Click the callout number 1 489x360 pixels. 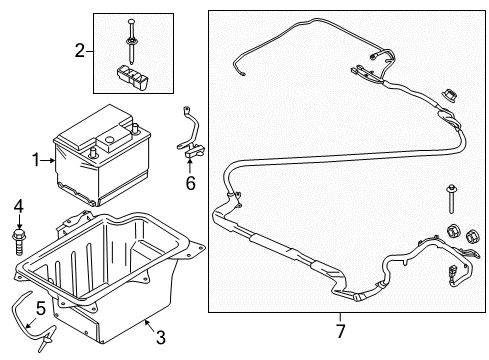(x=36, y=158)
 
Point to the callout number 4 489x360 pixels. (x=18, y=207)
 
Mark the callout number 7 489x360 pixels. (x=339, y=329)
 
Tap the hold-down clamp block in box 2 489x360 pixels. (x=133, y=75)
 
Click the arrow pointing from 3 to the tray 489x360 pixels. (x=147, y=324)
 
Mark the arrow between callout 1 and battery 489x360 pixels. (x=48, y=158)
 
